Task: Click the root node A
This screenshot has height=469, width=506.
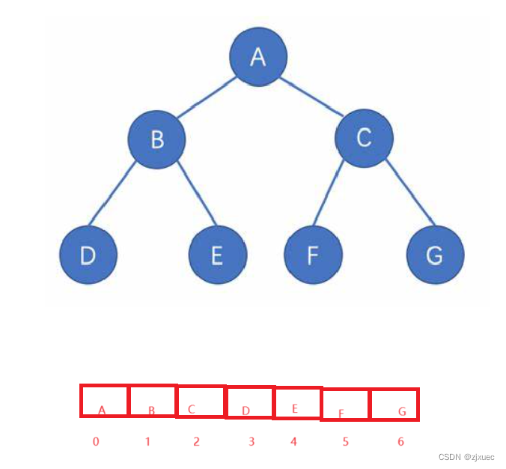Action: (x=258, y=58)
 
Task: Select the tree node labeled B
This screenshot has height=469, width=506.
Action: (x=156, y=139)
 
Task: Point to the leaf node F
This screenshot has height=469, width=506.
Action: (x=314, y=255)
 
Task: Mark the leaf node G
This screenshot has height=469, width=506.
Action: (x=435, y=255)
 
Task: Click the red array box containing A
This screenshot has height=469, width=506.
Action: (x=104, y=401)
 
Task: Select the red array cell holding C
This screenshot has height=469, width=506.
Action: (x=201, y=402)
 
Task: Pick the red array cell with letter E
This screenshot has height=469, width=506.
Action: (x=298, y=402)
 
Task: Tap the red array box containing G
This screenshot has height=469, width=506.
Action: (x=394, y=405)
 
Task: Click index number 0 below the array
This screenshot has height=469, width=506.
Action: (x=96, y=441)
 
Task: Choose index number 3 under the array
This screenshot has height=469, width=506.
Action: (x=251, y=442)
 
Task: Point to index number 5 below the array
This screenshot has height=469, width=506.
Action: (x=345, y=442)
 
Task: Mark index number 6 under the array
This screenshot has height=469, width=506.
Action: (x=400, y=442)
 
